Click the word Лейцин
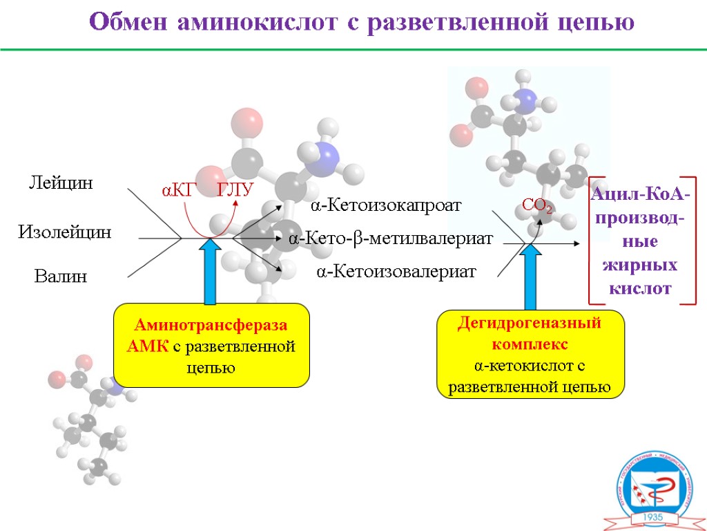tap(60, 183)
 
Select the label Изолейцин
tap(64, 232)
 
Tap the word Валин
tap(61, 277)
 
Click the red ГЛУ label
tap(236, 191)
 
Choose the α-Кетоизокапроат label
tap(385, 205)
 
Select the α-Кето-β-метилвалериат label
tap(391, 239)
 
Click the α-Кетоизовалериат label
tap(396, 272)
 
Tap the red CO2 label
tap(536, 205)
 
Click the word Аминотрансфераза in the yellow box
tap(211, 326)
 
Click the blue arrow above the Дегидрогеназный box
tap(531, 277)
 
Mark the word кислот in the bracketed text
tap(640, 288)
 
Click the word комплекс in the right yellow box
tap(530, 344)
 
